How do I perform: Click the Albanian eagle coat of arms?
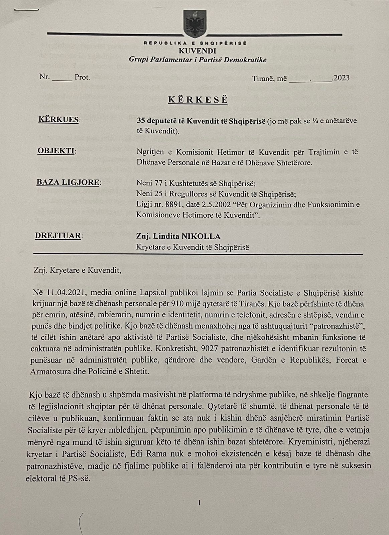click(194, 24)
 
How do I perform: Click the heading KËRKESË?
click(198, 100)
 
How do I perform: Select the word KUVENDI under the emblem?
click(197, 51)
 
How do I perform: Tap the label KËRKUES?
click(58, 120)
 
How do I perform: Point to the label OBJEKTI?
click(56, 151)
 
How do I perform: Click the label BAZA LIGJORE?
click(68, 183)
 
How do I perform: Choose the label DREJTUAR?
click(58, 236)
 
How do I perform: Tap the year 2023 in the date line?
click(341, 78)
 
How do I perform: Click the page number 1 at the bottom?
click(199, 503)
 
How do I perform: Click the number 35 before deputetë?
click(141, 120)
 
